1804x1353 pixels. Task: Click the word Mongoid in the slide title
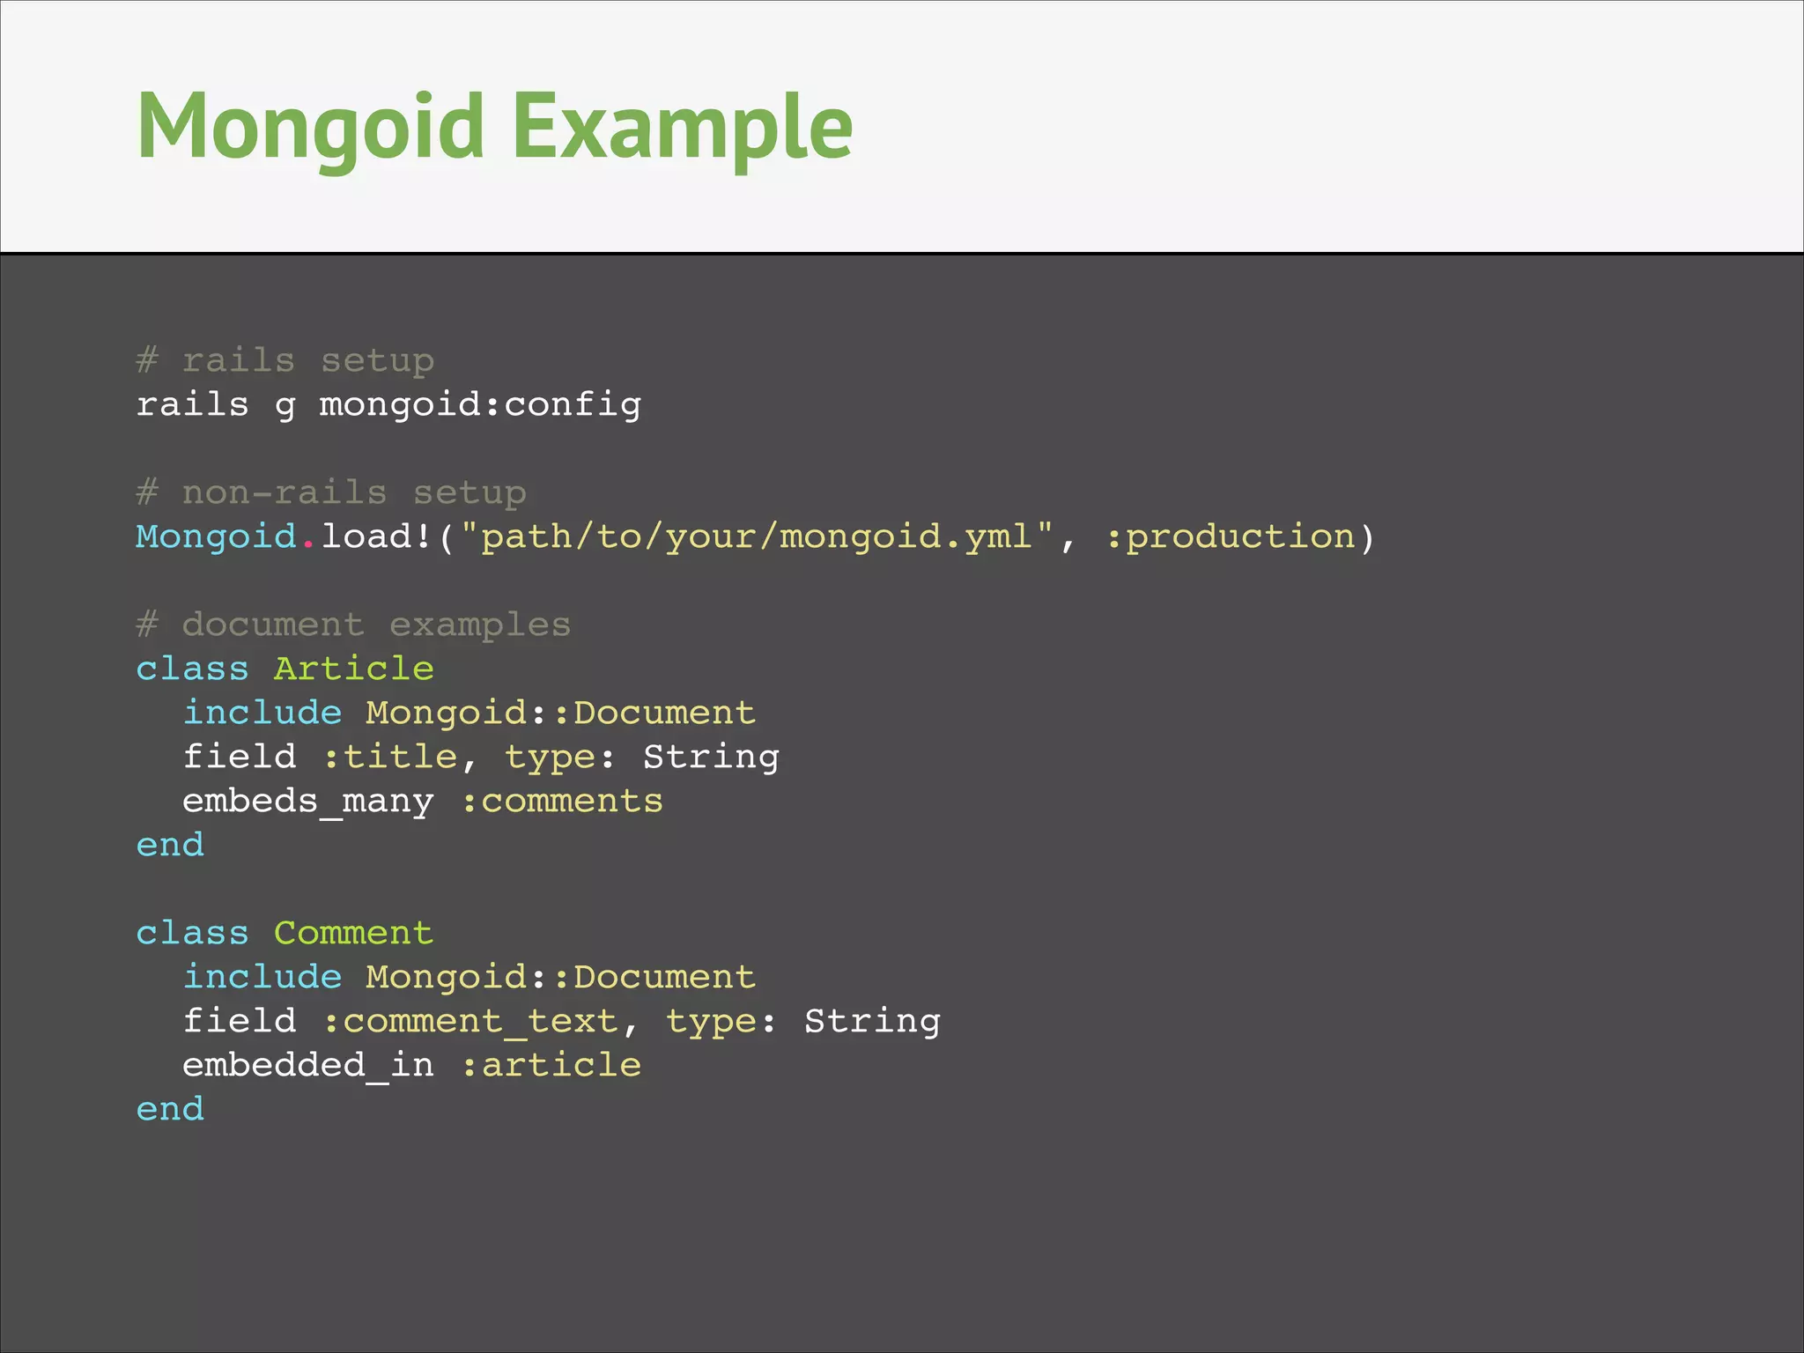coord(310,128)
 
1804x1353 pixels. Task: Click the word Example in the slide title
coord(682,128)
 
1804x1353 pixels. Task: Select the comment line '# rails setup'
coord(285,361)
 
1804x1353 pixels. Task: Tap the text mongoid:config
coord(480,405)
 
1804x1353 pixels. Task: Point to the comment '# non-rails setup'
coord(331,493)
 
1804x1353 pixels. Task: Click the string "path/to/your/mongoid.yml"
coord(757,536)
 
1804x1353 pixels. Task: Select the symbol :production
coord(1230,536)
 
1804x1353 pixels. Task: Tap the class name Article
coord(353,669)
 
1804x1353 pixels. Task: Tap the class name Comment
coord(353,933)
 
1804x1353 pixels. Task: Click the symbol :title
coord(390,758)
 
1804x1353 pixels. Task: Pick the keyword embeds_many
coord(307,802)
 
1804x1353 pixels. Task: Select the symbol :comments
coord(562,802)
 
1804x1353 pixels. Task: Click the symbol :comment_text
coord(470,1022)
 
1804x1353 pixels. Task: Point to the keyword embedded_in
coord(307,1066)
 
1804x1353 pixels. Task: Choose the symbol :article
coord(551,1066)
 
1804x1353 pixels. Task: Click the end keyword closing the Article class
coord(170,846)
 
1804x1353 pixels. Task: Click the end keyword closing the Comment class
coord(170,1110)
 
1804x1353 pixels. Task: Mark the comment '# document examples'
coord(353,625)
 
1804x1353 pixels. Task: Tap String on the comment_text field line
coord(872,1022)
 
